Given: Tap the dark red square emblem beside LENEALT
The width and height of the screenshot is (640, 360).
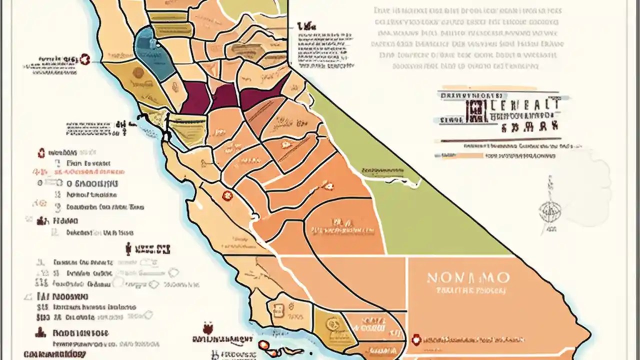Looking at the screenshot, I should pyautogui.click(x=474, y=111).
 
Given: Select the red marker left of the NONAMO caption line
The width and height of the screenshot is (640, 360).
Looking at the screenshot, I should pyautogui.click(x=415, y=340).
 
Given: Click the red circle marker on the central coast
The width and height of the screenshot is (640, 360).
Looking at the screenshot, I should pyautogui.click(x=227, y=195).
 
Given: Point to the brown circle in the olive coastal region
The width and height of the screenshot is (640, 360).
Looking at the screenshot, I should pyautogui.click(x=138, y=73).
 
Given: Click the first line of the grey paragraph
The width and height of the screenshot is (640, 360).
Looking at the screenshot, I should pyautogui.click(x=467, y=10).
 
